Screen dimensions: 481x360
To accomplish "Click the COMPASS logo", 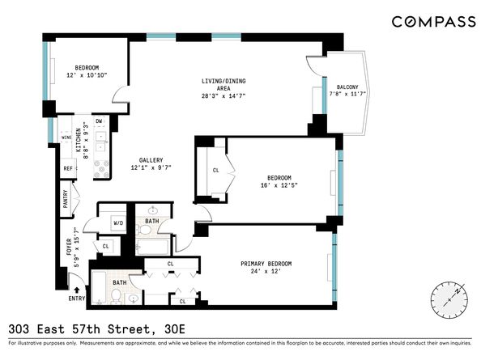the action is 434,22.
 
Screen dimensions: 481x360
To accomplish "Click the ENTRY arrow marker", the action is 77,290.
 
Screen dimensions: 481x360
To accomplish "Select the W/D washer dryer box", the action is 118,223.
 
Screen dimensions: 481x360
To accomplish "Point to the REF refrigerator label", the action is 68,168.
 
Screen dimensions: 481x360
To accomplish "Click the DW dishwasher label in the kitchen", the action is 99,121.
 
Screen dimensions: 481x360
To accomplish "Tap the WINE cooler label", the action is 66,138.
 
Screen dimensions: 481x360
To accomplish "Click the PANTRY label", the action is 66,199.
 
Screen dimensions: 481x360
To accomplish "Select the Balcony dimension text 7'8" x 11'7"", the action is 347,94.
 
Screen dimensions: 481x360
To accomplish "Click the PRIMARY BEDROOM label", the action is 266,264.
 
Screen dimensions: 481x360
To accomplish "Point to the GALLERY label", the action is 151,160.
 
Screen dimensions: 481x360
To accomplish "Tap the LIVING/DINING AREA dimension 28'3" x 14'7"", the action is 223,96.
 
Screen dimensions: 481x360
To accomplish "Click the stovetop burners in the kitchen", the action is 101,169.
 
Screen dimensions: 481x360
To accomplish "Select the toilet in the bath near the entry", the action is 117,297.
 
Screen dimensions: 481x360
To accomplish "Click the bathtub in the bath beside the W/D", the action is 152,247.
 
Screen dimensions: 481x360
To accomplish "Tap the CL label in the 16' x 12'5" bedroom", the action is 216,171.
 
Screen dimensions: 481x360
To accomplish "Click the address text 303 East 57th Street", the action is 79,330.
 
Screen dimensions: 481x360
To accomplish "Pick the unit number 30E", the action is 175,330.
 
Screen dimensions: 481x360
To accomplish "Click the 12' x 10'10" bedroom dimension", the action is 87,75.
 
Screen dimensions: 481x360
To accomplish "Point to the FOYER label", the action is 69,247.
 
